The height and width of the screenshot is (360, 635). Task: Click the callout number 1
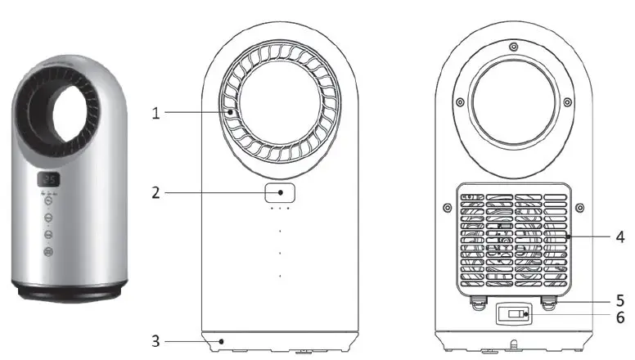[155, 113]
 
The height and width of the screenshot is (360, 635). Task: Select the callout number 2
[155, 193]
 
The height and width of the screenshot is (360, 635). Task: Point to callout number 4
[620, 237]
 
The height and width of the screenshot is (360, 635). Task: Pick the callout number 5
[620, 299]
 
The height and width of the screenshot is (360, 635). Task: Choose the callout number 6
[620, 317]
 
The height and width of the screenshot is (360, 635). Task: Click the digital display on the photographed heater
[49, 180]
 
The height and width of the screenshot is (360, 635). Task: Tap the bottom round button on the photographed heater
[48, 253]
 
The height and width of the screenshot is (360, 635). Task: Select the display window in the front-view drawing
[280, 193]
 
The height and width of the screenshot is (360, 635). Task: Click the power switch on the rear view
[513, 314]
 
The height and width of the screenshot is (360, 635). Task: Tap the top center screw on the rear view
[513, 46]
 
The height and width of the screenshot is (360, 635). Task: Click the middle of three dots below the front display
[280, 209]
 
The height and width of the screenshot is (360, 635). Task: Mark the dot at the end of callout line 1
[232, 113]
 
